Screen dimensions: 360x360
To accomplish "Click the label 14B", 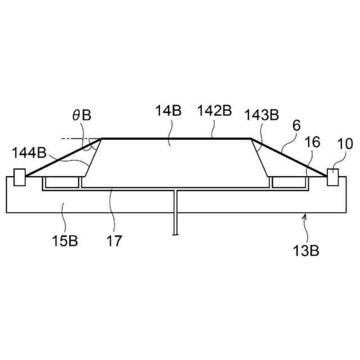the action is (x=169, y=110).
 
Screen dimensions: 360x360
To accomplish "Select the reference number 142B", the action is (x=215, y=110).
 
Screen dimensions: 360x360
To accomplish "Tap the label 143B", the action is (x=262, y=115).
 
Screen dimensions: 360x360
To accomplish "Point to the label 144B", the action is (x=29, y=152).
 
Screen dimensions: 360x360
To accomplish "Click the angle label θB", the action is (x=82, y=115).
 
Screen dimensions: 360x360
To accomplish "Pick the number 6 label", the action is (x=296, y=125).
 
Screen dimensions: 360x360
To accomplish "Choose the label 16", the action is (x=312, y=142).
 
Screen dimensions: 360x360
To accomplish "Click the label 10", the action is (x=345, y=144).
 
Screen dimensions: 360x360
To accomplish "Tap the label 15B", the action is (x=65, y=241).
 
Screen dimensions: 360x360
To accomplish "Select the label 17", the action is (x=114, y=241).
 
